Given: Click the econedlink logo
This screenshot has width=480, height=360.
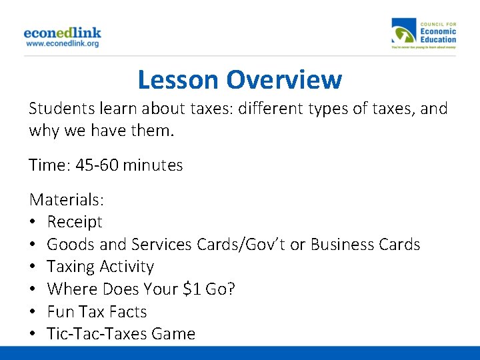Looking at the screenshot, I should (x=62, y=32).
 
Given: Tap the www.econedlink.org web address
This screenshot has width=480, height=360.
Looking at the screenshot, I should (x=62, y=43).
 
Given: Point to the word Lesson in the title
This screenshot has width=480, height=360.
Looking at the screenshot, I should (x=178, y=80).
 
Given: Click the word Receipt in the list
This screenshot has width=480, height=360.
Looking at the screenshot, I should (x=75, y=222).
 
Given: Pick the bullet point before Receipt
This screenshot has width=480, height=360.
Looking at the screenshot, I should (x=33, y=222).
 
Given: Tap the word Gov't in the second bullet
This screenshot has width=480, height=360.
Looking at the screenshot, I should (x=261, y=245).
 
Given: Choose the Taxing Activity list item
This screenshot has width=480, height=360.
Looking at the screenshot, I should (x=100, y=267).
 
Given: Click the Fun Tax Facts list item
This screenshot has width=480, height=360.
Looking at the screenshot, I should (x=97, y=312).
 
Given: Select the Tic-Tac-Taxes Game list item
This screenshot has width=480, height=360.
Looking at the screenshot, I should (x=121, y=334).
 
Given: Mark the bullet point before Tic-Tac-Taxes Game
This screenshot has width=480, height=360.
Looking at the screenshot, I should (x=33, y=334).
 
